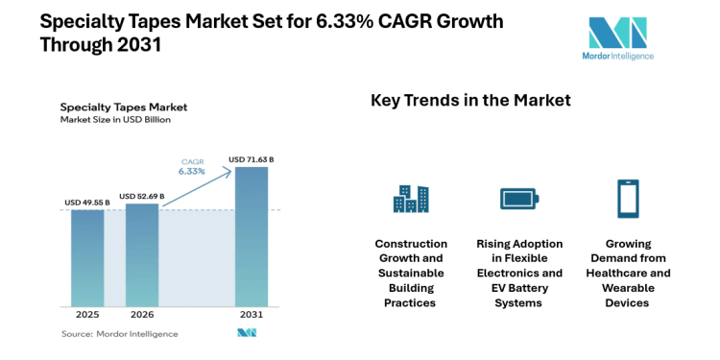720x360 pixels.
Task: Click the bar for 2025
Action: pos(87,257)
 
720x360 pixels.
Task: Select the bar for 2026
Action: pos(142,254)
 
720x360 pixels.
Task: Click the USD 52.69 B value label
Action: pos(142,196)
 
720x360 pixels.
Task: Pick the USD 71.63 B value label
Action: pos(252,159)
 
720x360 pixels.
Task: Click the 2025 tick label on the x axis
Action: pos(87,314)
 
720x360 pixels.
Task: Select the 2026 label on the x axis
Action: pos(142,314)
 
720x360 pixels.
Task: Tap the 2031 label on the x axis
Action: pos(252,314)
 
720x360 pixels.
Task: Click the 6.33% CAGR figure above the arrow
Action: pos(192,172)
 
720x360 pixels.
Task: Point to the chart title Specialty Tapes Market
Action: pos(123,107)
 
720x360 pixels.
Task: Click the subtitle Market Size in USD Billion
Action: pos(115,120)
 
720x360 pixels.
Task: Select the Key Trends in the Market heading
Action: pos(470,101)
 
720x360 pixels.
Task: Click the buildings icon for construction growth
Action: pos(411,199)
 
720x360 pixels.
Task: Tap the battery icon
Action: pos(519,199)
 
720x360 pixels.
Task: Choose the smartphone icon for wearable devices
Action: pos(629,199)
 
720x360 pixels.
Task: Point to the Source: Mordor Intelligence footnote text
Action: pos(120,333)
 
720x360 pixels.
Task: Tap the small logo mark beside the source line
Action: pos(247,333)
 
